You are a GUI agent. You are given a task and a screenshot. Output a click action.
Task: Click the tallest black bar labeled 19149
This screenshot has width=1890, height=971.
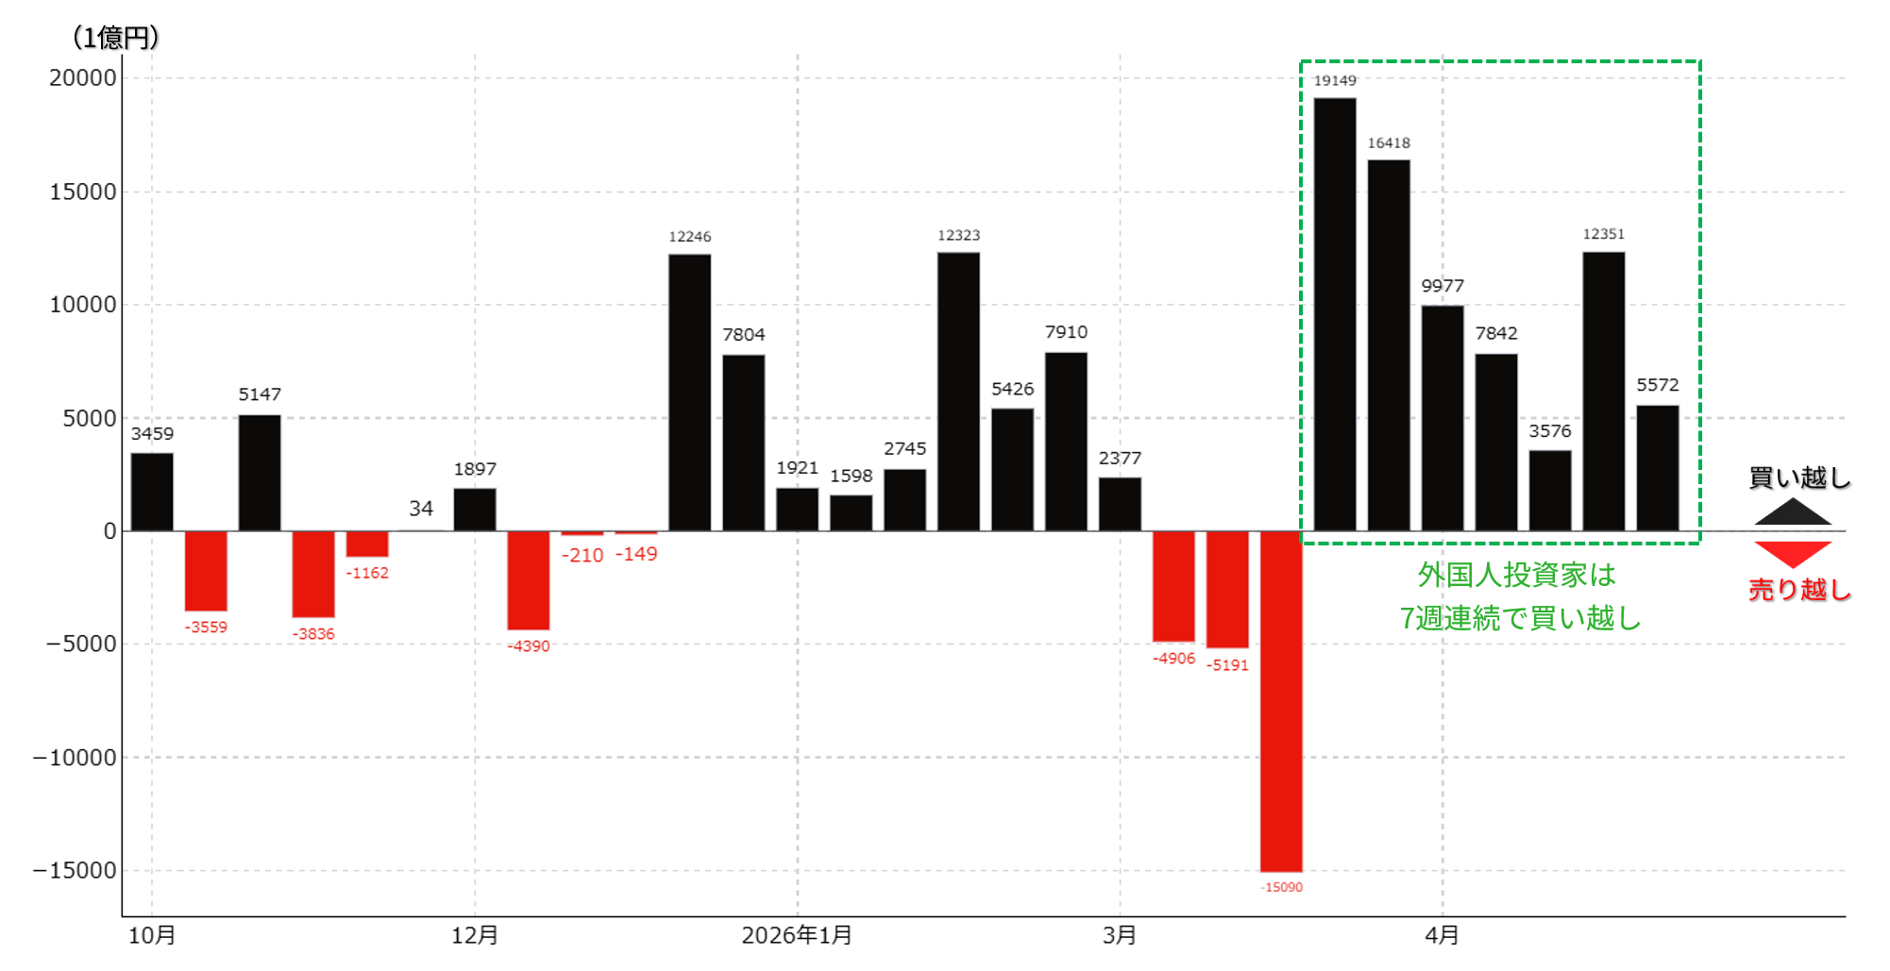pos(1335,314)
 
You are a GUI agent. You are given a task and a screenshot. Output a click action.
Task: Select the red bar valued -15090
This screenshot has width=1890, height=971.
pos(1281,701)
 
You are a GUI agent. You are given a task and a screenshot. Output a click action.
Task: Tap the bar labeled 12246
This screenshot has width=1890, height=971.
pos(690,393)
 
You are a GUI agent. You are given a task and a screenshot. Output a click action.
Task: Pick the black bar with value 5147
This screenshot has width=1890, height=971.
pos(260,473)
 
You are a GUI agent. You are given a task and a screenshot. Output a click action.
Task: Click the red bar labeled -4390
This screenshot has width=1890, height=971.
pos(529,580)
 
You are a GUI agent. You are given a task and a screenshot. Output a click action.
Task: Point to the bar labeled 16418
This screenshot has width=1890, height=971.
pos(1389,345)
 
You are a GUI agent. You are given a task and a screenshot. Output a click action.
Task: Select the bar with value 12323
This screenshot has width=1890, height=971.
pos(958,392)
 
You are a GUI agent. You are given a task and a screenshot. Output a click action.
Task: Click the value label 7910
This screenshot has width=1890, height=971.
pos(1066,332)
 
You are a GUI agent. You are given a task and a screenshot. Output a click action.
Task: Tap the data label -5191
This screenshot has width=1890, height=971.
pos(1227,665)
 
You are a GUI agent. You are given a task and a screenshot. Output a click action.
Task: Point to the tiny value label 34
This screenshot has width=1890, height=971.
pos(421,509)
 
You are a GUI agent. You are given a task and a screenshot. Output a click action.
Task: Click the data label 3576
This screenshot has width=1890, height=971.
pos(1550,431)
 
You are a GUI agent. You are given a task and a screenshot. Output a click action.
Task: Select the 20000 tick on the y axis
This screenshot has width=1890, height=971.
pos(83,78)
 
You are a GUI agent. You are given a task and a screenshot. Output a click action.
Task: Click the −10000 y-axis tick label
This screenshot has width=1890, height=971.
pos(75,758)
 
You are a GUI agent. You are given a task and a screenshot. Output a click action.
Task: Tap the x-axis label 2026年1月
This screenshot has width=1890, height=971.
pos(797,935)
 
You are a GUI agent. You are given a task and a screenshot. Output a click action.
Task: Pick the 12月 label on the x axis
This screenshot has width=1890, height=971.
pos(475,935)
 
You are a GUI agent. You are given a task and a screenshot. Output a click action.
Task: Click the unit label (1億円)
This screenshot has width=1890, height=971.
pos(115,38)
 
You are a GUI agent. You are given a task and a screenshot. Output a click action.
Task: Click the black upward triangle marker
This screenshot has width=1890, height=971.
pos(1793,512)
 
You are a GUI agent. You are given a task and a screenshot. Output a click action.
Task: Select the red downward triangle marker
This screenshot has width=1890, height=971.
pos(1793,554)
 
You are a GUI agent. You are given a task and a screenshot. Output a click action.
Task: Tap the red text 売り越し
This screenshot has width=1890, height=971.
pos(1799,590)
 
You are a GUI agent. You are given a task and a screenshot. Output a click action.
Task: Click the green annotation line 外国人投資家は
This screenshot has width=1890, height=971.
pos(1517,575)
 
